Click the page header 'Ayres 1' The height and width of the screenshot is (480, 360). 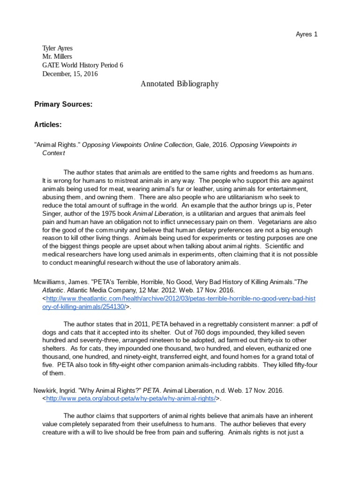(307, 35)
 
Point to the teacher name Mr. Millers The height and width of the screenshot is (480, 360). (57, 57)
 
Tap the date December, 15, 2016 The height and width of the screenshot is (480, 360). (70, 74)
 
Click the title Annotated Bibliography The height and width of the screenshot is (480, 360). (180, 84)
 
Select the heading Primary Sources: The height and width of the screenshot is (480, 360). (63, 105)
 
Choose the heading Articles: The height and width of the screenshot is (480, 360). (48, 125)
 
